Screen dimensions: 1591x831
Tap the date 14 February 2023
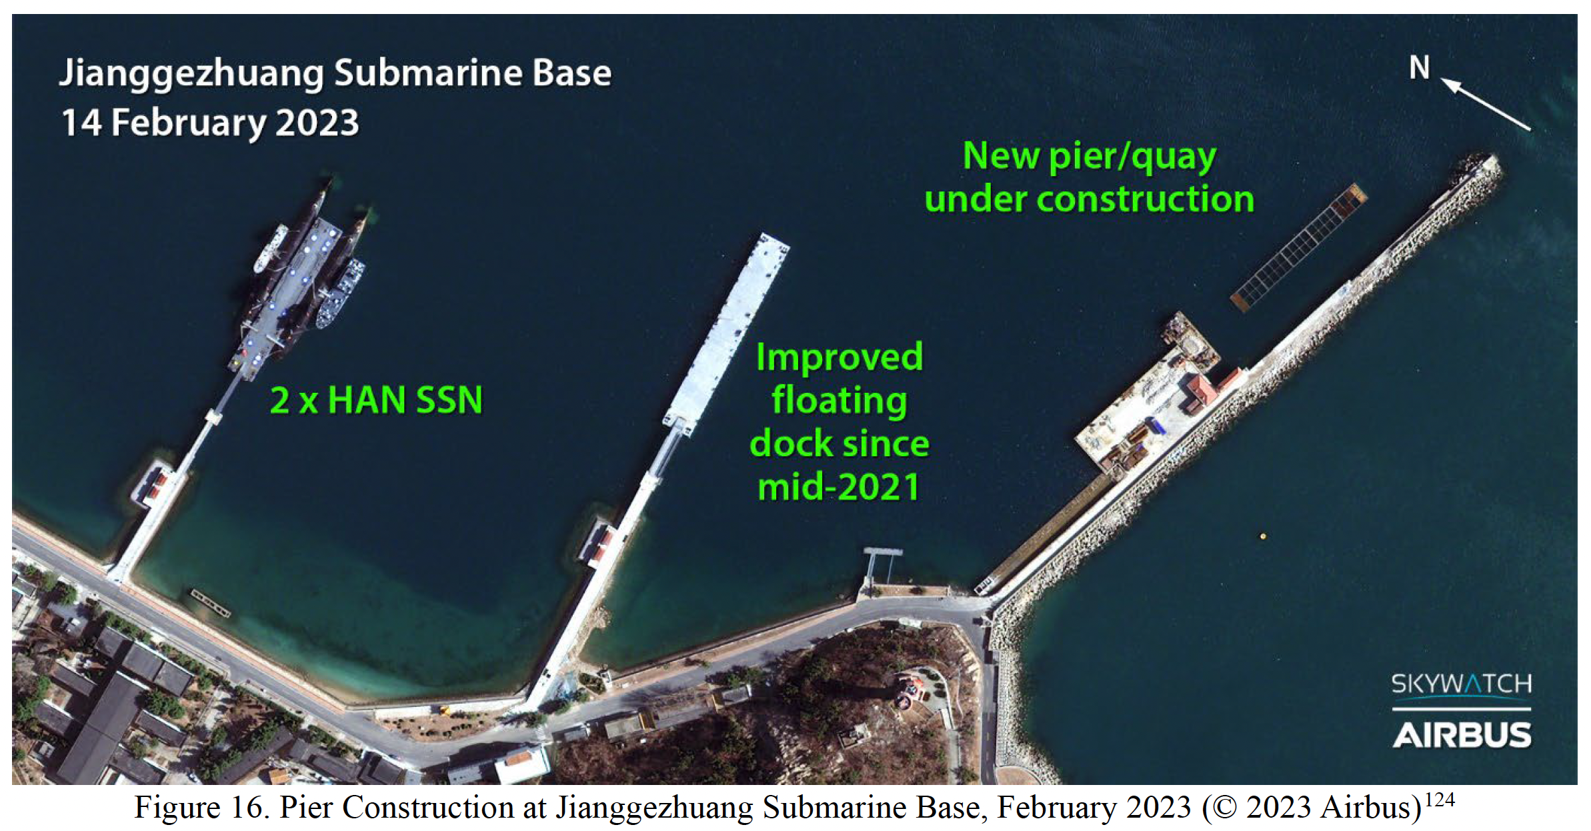(210, 123)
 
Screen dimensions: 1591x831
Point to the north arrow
(1486, 104)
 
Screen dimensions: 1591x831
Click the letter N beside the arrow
(1420, 67)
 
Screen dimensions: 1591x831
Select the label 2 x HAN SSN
(376, 400)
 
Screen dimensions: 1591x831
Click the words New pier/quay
(1090, 157)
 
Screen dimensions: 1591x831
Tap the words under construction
(1090, 199)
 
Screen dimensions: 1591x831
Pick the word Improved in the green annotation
(840, 358)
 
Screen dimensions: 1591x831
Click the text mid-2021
(840, 487)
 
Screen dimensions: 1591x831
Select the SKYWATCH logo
(1462, 684)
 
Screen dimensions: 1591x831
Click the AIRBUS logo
(1462, 735)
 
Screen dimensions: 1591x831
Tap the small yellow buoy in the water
(1262, 536)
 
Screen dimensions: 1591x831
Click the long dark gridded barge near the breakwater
(1299, 247)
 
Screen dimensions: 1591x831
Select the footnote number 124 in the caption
(1440, 799)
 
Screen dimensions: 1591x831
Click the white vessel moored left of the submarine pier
(271, 248)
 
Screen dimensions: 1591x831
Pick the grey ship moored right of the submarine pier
(340, 293)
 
